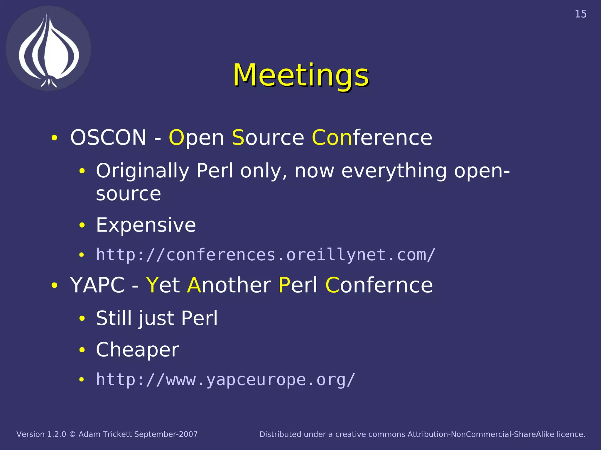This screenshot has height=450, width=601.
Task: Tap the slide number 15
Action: (x=580, y=14)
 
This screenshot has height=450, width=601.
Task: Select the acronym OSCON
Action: (x=108, y=137)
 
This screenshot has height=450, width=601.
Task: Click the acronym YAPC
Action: (x=97, y=285)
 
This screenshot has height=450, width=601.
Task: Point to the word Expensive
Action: (x=146, y=225)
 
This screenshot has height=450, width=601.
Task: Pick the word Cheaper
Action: (x=137, y=349)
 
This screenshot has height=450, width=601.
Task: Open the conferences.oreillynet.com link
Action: (x=266, y=255)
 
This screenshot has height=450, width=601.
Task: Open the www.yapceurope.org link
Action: (x=226, y=380)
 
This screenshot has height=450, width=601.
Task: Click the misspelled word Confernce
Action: (x=379, y=285)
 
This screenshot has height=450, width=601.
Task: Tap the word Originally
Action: (x=143, y=171)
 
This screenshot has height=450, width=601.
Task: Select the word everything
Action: (x=394, y=171)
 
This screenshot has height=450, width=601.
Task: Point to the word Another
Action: (x=229, y=285)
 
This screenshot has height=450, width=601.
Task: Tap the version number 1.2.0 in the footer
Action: (x=57, y=434)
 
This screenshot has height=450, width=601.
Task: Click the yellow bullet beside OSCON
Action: (x=54, y=138)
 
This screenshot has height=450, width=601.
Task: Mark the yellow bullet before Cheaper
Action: (x=82, y=349)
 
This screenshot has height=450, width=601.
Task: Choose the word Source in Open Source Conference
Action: (x=268, y=137)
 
